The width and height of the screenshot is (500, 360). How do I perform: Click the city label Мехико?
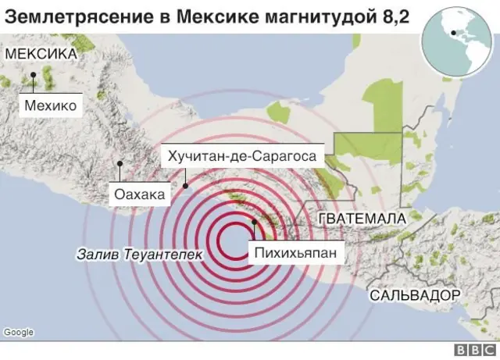pos(50,105)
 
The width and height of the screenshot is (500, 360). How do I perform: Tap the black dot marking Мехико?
pos(34,76)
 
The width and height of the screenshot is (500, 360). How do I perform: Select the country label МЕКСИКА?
pos(41,54)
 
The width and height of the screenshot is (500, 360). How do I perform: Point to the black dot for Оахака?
pos(120,164)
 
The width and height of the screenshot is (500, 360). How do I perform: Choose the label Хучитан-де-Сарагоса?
pos(241,156)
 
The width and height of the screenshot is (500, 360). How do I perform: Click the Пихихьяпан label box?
pos(296,251)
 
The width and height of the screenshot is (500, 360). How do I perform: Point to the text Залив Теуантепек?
pos(139,255)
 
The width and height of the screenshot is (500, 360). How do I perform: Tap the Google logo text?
pos(18,333)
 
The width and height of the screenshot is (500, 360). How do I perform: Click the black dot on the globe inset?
pos(453,34)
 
